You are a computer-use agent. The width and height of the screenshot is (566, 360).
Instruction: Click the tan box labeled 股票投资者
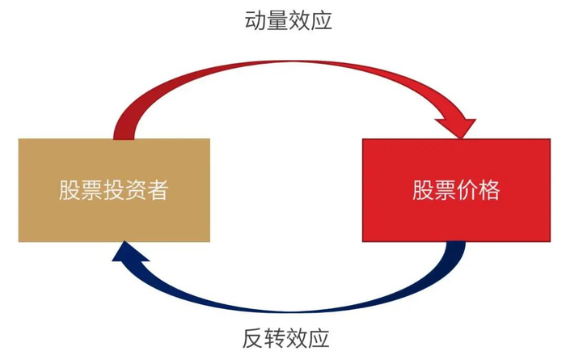pos(114,190)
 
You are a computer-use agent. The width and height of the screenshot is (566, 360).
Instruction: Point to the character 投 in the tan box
pos(114,190)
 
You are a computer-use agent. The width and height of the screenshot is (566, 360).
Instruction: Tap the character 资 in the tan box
pos(136,190)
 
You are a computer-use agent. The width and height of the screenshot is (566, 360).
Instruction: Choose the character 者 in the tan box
pos(158,190)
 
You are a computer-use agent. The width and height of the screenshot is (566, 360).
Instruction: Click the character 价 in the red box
pos(467,190)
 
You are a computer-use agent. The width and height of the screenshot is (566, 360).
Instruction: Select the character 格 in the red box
pos(489,190)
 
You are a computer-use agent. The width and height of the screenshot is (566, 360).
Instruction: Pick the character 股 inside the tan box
pos(70,190)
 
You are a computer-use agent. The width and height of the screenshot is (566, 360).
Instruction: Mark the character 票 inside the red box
pos(445,190)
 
